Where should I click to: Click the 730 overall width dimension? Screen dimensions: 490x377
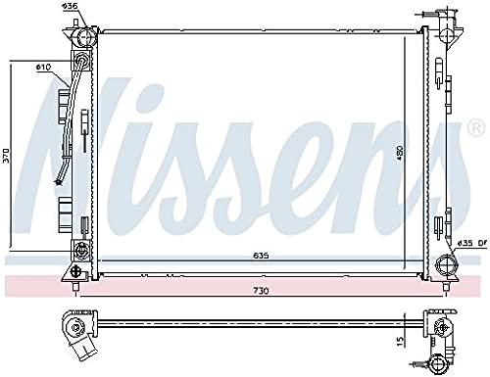[x=261, y=290]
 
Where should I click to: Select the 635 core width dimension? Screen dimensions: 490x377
[x=261, y=256]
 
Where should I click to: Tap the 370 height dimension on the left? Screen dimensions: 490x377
[x=7, y=156]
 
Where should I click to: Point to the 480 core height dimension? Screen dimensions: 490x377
[x=401, y=154]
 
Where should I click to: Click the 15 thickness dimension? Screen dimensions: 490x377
[x=401, y=342]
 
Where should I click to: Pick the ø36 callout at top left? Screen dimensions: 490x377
[x=70, y=6]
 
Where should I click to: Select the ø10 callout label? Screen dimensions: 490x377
[x=43, y=68]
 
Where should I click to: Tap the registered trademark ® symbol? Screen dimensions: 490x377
[x=476, y=128]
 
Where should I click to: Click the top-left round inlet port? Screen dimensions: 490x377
[x=85, y=37]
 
